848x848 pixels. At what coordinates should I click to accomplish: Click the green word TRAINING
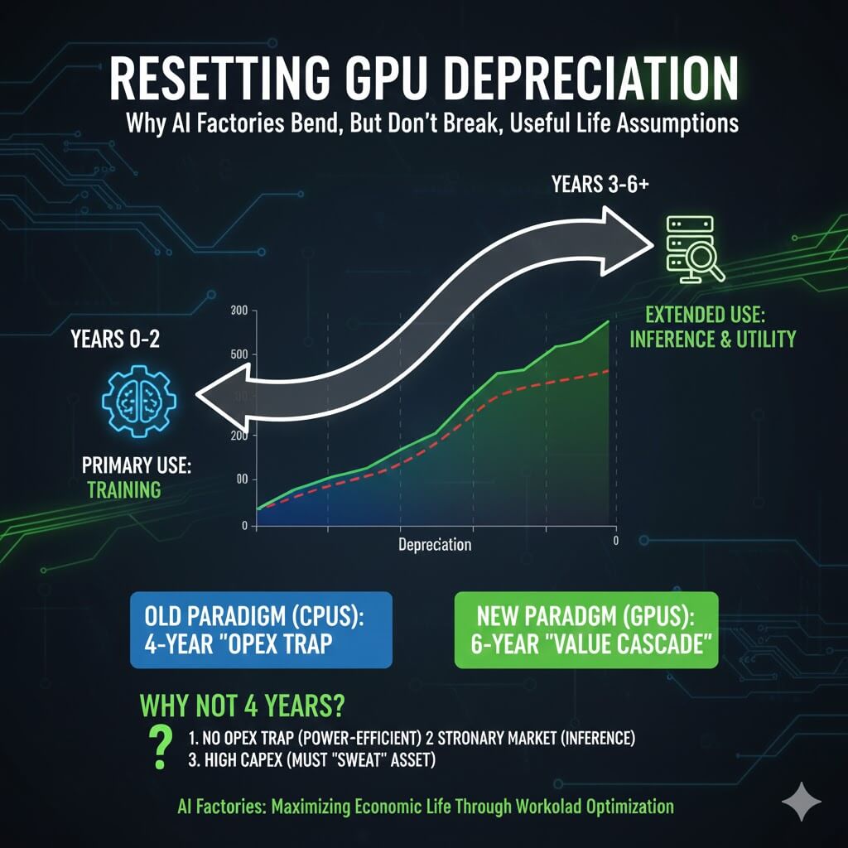click(124, 489)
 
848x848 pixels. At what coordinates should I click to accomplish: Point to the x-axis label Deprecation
click(435, 545)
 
